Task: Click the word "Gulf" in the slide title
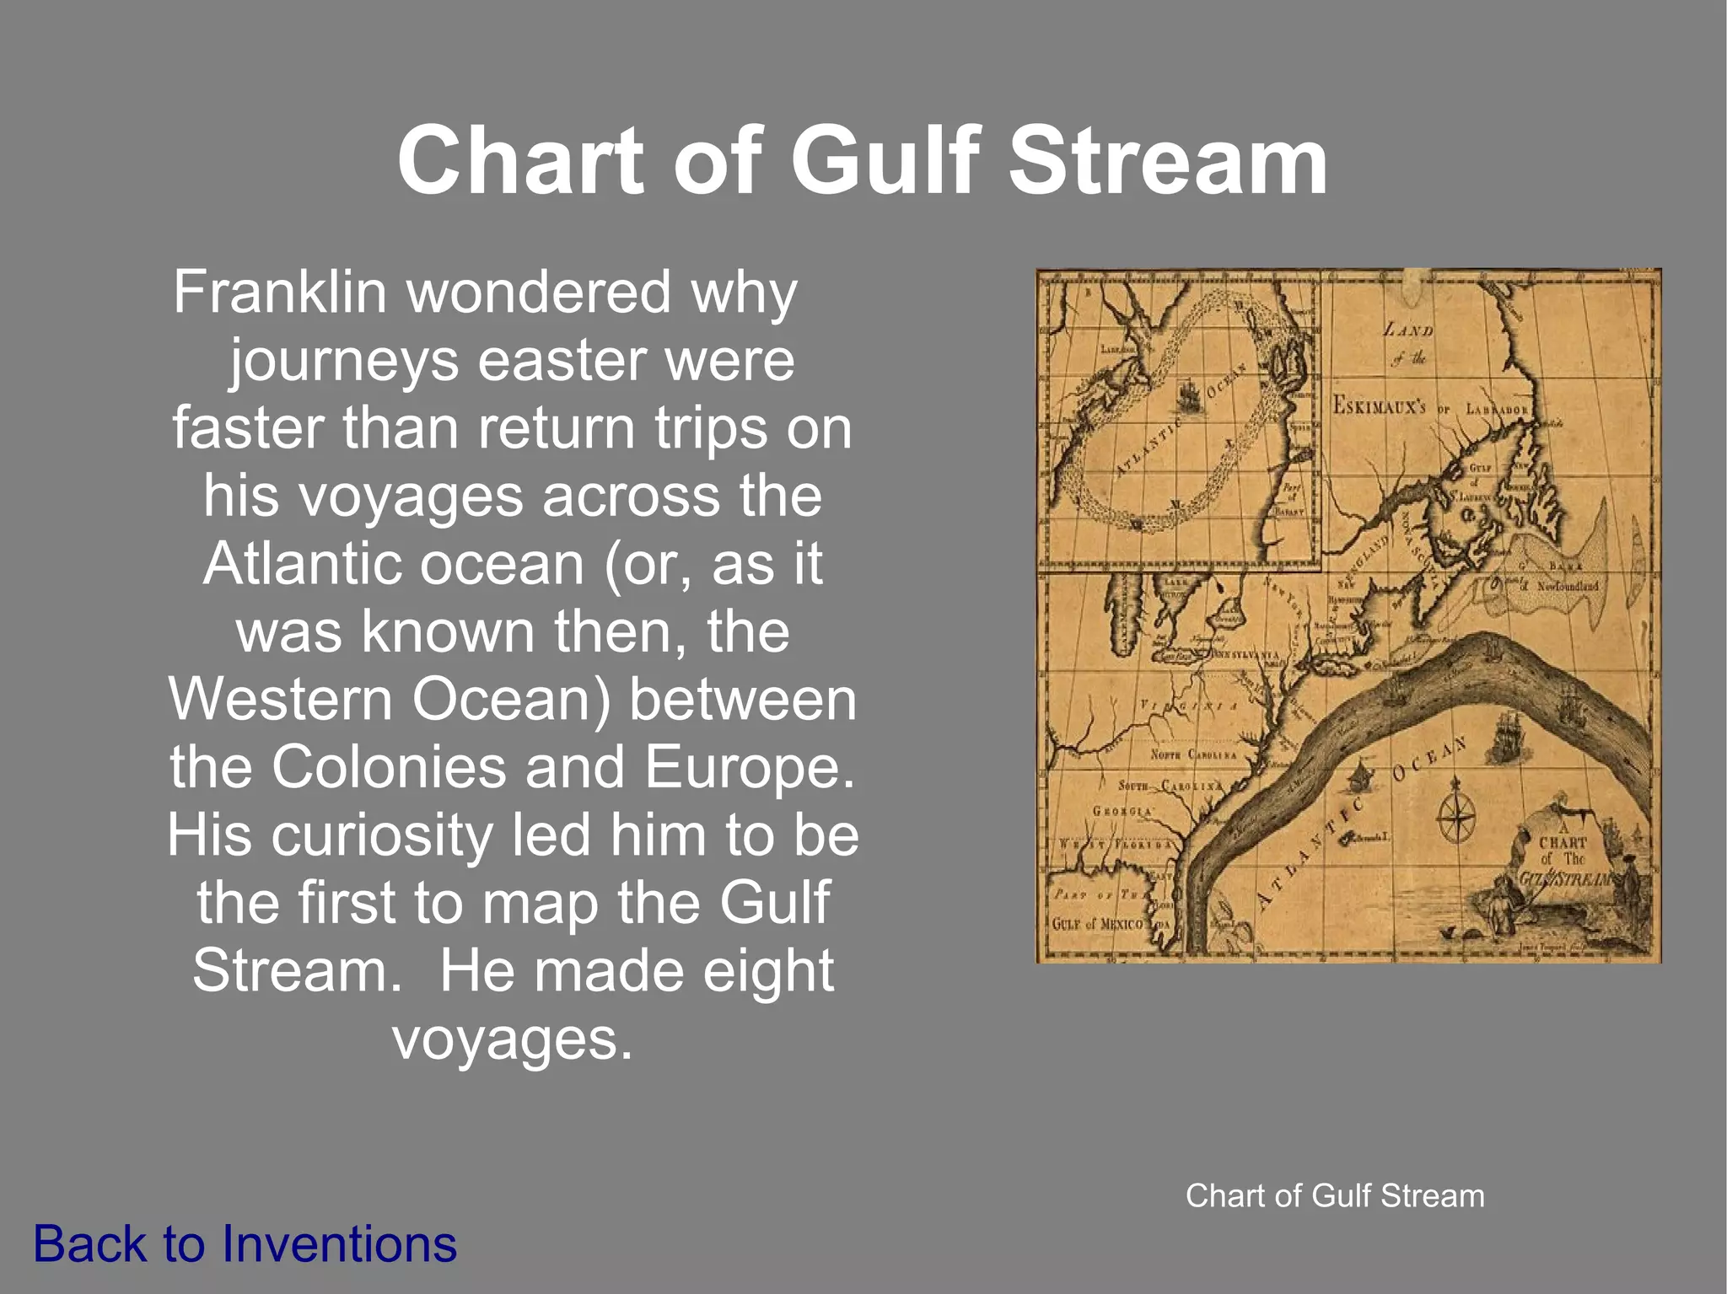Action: pyautogui.click(x=885, y=160)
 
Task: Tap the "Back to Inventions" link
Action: pyautogui.click(x=245, y=1244)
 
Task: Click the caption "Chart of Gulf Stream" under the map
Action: pyautogui.click(x=1335, y=1195)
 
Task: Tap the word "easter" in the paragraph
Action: pyautogui.click(x=562, y=360)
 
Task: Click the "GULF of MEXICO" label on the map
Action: pyautogui.click(x=1097, y=924)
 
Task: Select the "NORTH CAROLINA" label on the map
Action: pyautogui.click(x=1194, y=754)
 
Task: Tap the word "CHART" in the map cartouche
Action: pyautogui.click(x=1563, y=842)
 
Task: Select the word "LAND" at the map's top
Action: pyautogui.click(x=1408, y=330)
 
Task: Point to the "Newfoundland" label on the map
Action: pyautogui.click(x=1567, y=586)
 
